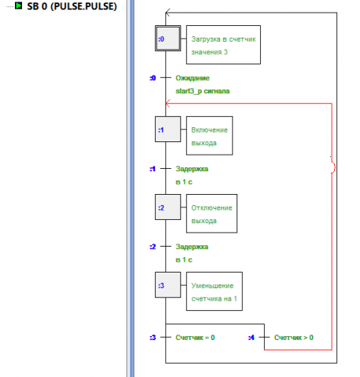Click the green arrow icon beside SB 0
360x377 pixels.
pos(18,6)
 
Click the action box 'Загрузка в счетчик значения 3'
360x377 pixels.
pos(222,45)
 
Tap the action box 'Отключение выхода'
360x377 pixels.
pos(211,214)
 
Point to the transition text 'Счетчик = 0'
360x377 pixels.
pos(195,338)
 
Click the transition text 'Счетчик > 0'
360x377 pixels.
pos(294,338)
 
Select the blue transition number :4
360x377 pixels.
pos(251,338)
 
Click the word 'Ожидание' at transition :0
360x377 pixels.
pos(193,79)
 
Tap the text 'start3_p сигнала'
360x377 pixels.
pos(203,91)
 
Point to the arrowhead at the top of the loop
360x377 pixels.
pos(169,13)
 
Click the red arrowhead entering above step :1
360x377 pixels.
pos(168,104)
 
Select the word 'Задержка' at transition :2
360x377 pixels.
pos(193,247)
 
